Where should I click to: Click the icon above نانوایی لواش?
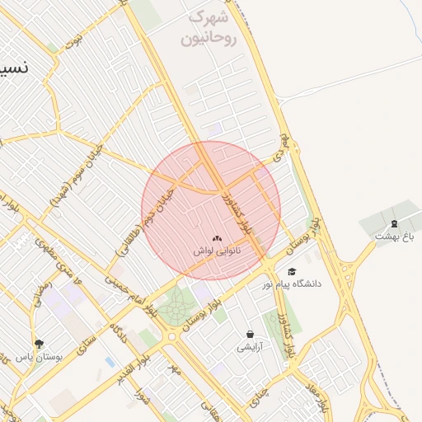click(x=218, y=237)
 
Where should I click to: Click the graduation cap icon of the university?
click(x=291, y=271)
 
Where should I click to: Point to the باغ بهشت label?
click(x=393, y=236)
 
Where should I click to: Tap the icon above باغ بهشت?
click(x=394, y=223)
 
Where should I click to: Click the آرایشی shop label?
click(x=250, y=347)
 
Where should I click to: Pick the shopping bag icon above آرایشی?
click(x=250, y=335)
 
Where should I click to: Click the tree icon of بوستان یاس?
click(x=39, y=345)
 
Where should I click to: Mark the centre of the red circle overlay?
click(x=211, y=210)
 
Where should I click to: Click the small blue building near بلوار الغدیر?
click(x=110, y=362)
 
